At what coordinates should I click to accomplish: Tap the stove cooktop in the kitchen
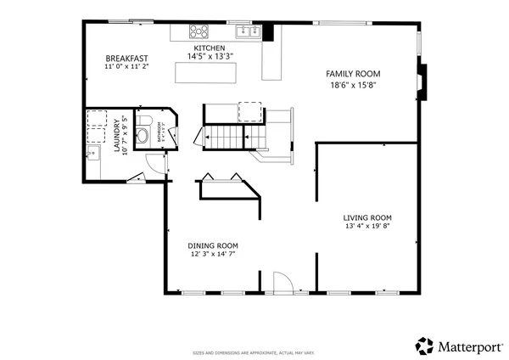199,32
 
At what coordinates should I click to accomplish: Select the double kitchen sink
248,32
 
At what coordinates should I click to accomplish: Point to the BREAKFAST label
127,58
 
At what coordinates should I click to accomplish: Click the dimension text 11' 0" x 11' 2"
127,66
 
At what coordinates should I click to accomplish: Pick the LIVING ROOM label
368,217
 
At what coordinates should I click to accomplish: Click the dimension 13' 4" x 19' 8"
368,227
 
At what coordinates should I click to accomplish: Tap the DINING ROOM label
212,245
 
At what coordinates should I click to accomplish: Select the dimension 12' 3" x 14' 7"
212,254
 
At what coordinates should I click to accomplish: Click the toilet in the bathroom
143,134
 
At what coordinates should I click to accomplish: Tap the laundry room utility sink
92,153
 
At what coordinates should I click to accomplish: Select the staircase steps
227,135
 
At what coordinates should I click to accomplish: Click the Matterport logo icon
424,346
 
